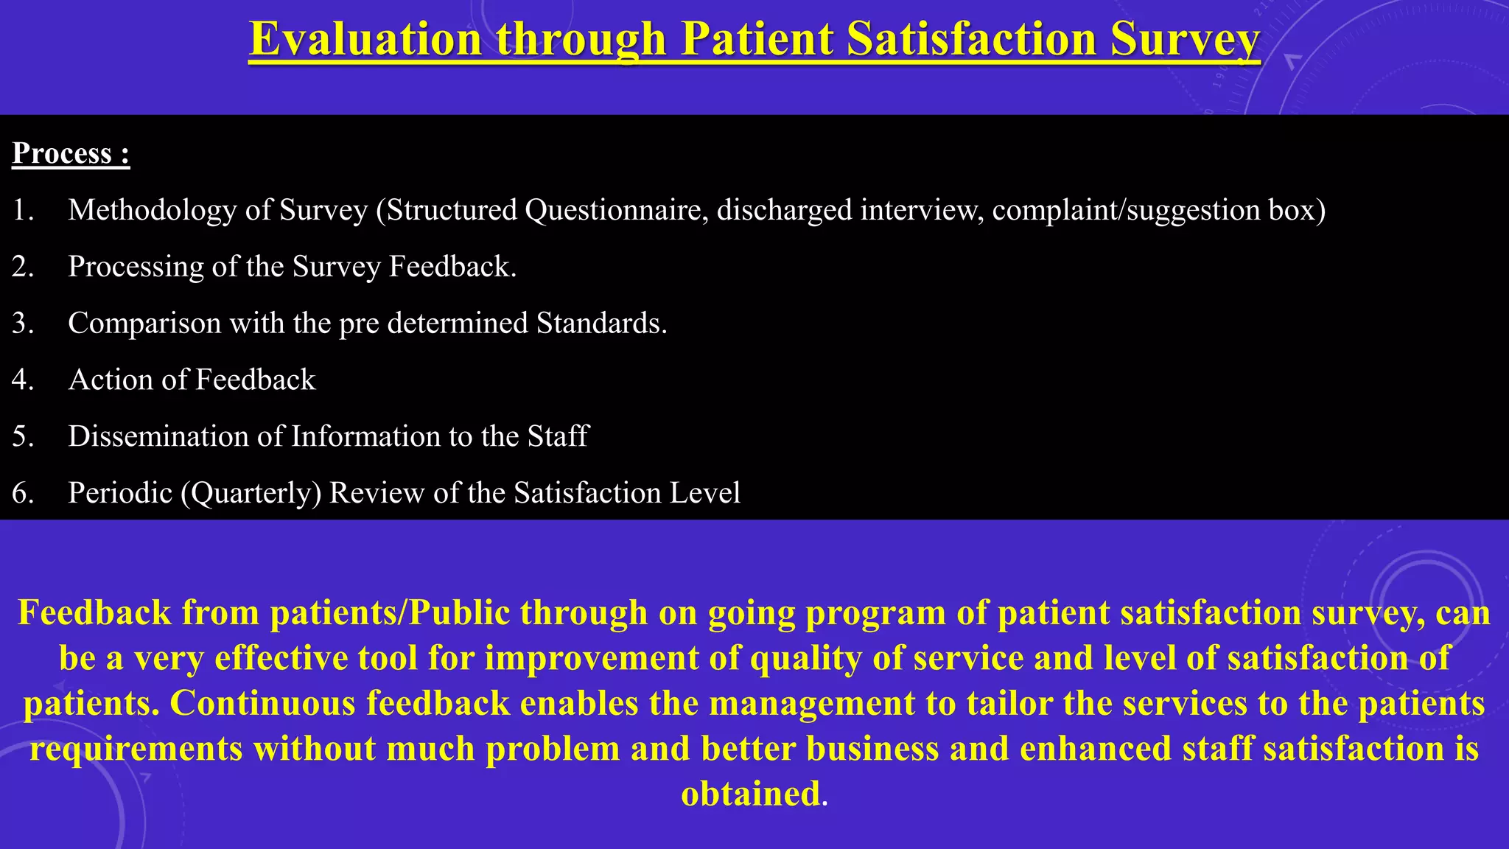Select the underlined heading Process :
click(x=71, y=153)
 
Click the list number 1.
click(x=23, y=210)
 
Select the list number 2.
click(x=23, y=267)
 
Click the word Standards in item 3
click(x=601, y=324)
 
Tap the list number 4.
click(x=23, y=380)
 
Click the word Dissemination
click(x=158, y=436)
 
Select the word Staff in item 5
click(x=558, y=436)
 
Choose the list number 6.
click(x=23, y=493)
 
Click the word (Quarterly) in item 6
click(x=251, y=493)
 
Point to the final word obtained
click(x=750, y=794)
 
